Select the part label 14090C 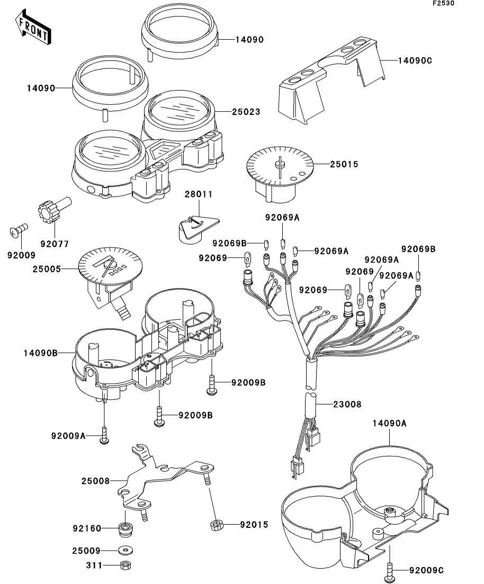(x=415, y=60)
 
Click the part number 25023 (x=246, y=112)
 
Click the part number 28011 (x=199, y=194)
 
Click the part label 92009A (x=68, y=436)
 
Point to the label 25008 (x=96, y=481)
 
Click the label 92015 (x=239, y=525)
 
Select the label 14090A (x=389, y=423)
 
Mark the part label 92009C (x=426, y=570)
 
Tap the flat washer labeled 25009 (x=126, y=550)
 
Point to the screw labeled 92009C (x=390, y=570)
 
